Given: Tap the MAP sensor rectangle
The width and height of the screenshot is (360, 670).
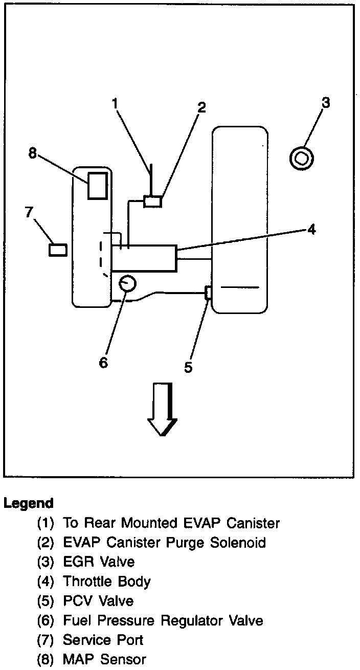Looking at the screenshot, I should [x=97, y=185].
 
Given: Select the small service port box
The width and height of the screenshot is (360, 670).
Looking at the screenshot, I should [x=58, y=250].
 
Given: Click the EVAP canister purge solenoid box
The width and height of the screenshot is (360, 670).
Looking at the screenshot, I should [x=153, y=201].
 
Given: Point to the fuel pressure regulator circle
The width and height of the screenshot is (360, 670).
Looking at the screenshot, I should [x=127, y=282].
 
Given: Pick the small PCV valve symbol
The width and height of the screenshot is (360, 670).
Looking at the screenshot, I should [x=207, y=294].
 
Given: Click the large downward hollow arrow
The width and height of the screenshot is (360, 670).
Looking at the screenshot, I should [x=162, y=409].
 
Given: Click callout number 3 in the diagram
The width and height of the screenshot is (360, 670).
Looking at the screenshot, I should [x=326, y=102].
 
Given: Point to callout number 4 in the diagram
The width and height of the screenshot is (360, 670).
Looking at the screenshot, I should [x=311, y=230].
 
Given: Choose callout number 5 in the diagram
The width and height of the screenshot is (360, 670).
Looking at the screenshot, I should [x=188, y=367].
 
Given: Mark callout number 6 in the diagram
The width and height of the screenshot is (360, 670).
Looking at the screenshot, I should [x=103, y=362].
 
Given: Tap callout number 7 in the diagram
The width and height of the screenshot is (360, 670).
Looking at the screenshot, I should [x=29, y=212].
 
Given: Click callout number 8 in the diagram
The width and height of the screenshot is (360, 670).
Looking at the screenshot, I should [x=33, y=153].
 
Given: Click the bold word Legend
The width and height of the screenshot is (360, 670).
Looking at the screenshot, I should [x=29, y=503].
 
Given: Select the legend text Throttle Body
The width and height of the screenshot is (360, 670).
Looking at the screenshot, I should [x=107, y=582].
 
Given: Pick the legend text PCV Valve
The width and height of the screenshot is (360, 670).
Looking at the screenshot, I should [x=98, y=601].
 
